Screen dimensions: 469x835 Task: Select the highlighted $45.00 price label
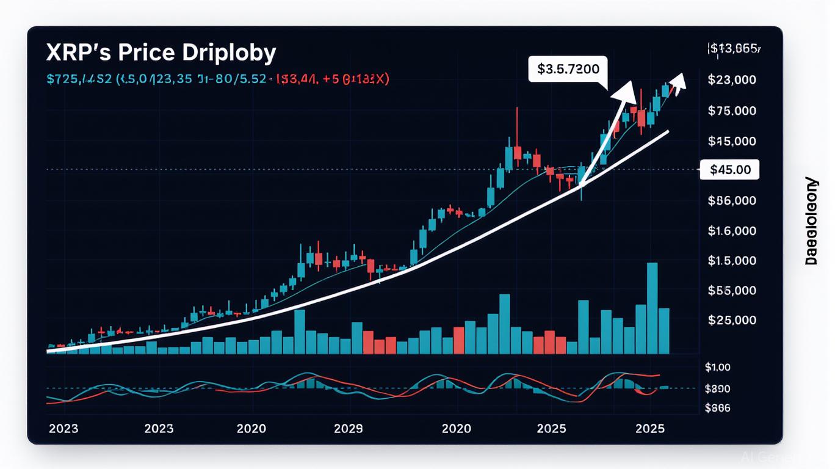(731, 170)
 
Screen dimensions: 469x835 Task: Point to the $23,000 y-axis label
(732, 79)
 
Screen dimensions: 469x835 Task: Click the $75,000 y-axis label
(732, 111)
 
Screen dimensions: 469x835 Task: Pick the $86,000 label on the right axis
(732, 200)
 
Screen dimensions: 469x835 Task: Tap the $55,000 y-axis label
(732, 291)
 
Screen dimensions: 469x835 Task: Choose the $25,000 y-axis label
(732, 320)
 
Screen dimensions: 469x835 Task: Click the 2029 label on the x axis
(349, 428)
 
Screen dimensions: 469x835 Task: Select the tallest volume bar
(652, 308)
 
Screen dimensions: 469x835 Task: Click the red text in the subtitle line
(333, 79)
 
